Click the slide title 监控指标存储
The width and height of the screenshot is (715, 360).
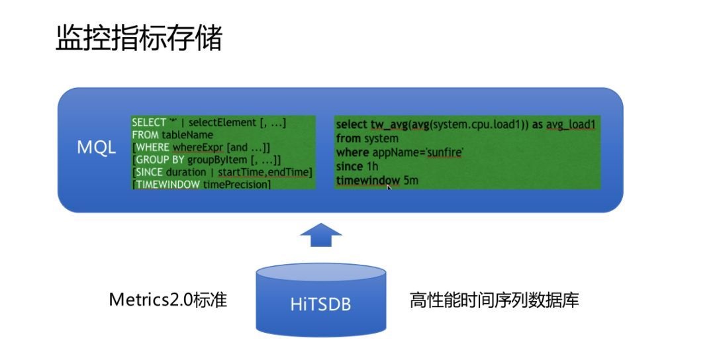(x=138, y=37)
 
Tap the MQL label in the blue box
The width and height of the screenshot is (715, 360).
(x=96, y=147)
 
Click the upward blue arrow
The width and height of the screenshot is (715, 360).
(x=320, y=235)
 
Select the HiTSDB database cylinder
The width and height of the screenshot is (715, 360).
(x=320, y=300)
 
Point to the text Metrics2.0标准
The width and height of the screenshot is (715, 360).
(x=167, y=300)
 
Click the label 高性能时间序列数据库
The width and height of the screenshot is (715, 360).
(x=495, y=300)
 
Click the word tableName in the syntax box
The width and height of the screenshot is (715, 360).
(x=187, y=135)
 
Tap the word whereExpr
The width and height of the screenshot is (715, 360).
(x=197, y=148)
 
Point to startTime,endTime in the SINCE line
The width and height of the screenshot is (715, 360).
(x=265, y=172)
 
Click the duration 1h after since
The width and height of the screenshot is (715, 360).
(x=373, y=166)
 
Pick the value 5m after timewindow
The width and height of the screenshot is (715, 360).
(x=410, y=181)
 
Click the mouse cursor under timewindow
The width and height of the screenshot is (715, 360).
(x=389, y=187)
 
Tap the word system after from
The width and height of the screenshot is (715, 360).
(x=381, y=138)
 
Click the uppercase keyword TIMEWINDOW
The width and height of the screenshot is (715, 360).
(x=167, y=185)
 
